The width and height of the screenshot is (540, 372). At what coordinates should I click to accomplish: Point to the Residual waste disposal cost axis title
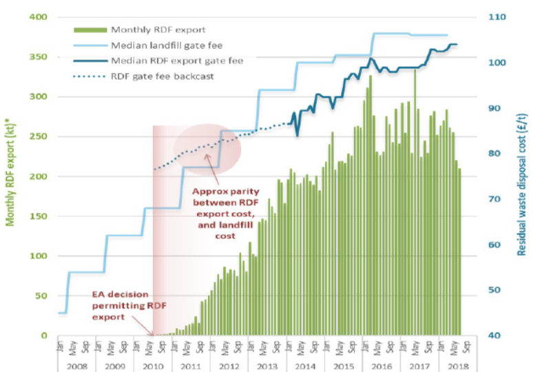523,176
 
